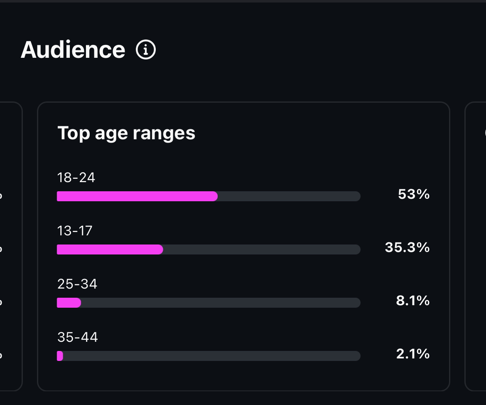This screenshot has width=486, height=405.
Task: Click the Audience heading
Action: coord(73,50)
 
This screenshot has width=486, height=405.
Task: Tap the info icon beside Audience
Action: coord(146,50)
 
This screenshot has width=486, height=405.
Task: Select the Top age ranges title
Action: coord(126,133)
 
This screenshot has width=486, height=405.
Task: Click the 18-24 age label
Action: coord(76,178)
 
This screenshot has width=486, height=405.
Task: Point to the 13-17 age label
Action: coord(75,231)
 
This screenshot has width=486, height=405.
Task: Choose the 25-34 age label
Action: coord(77,284)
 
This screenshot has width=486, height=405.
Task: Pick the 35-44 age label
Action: coord(78,337)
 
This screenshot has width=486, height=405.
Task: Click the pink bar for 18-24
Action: coord(137,196)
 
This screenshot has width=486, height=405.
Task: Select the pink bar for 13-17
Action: coord(110,249)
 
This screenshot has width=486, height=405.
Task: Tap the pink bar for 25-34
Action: coord(69,303)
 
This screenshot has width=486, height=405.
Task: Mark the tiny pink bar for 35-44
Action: coord(60,356)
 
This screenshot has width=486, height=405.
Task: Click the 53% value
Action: coord(414,194)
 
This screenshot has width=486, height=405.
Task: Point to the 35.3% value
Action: coord(407,247)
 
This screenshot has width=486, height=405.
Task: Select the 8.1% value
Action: coord(413,301)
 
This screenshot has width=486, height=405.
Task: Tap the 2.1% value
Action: coord(413,354)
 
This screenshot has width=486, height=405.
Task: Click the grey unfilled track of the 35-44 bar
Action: coord(212,356)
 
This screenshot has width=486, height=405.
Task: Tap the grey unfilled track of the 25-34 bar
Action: coord(220,303)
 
